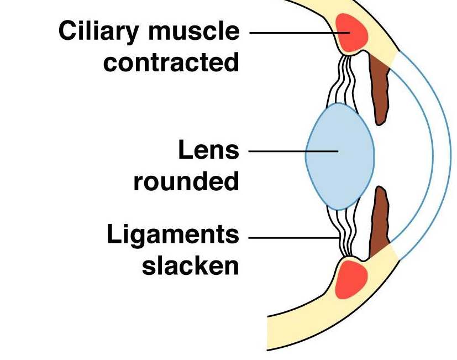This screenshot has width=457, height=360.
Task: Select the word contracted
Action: [171, 62]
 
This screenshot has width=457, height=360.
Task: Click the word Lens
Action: [208, 150]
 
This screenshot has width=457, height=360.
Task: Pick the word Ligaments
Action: [172, 236]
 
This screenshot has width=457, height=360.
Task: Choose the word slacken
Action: [190, 266]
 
